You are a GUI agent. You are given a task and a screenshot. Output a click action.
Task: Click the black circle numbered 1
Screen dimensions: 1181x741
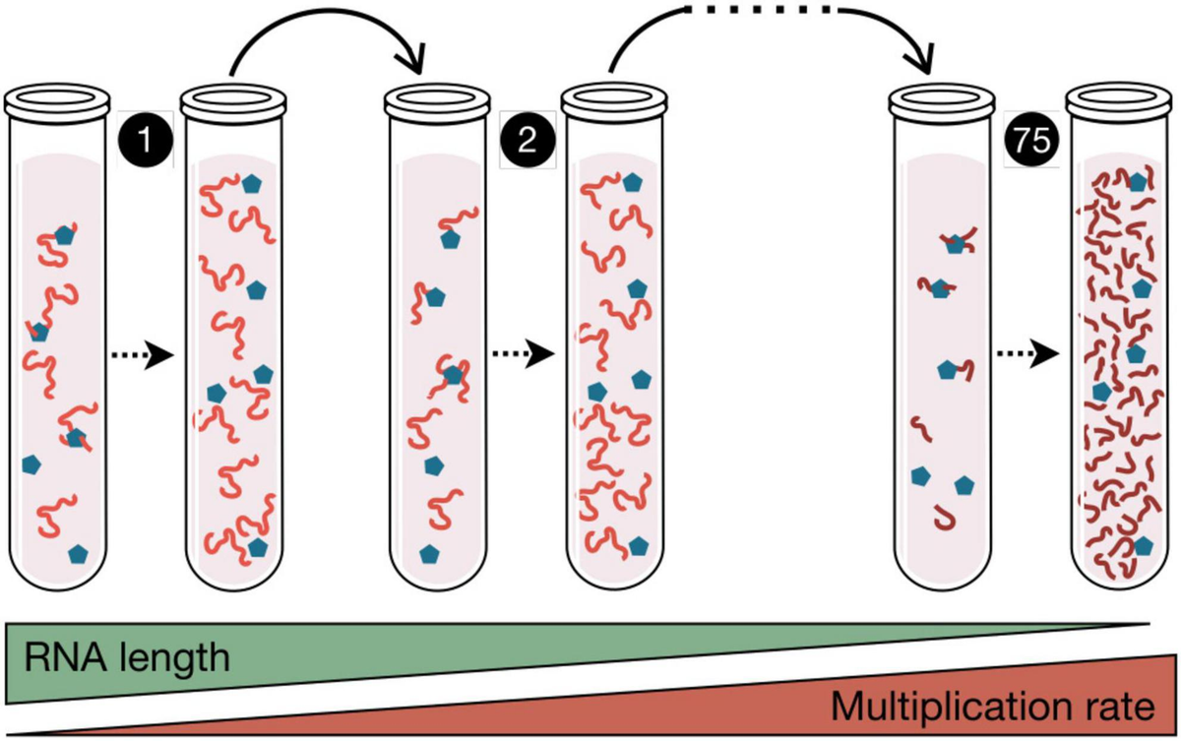146,140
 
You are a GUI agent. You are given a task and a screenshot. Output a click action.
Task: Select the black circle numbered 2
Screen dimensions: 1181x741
528,140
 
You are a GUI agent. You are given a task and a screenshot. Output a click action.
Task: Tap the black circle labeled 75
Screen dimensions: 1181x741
1031,140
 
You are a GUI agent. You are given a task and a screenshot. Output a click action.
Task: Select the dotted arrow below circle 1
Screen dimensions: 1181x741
143,355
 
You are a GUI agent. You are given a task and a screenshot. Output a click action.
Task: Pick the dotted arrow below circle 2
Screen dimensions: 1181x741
524,353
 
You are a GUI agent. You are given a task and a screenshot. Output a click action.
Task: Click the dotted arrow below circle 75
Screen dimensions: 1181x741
1027,353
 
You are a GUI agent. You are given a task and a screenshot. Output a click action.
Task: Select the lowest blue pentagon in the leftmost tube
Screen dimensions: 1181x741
78,553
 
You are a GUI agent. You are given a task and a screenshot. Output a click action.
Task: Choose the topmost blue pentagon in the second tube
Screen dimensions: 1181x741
252,183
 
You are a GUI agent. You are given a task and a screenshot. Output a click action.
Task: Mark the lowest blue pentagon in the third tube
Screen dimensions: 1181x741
429,553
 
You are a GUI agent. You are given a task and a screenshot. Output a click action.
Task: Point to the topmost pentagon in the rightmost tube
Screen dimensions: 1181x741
1138,181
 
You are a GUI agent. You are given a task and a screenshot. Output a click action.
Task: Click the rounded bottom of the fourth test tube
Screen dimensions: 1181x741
615,584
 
